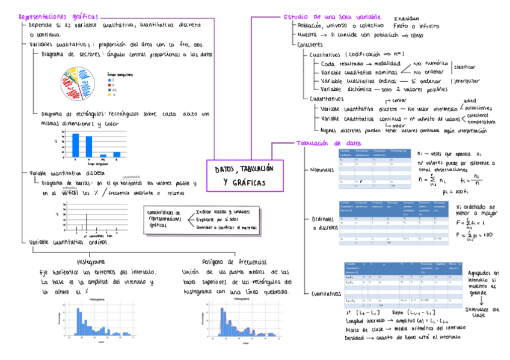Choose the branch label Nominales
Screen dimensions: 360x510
[322, 170]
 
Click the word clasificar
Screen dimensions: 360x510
[464, 67]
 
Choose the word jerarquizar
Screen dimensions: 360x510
[465, 80]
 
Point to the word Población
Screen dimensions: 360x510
[311, 26]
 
